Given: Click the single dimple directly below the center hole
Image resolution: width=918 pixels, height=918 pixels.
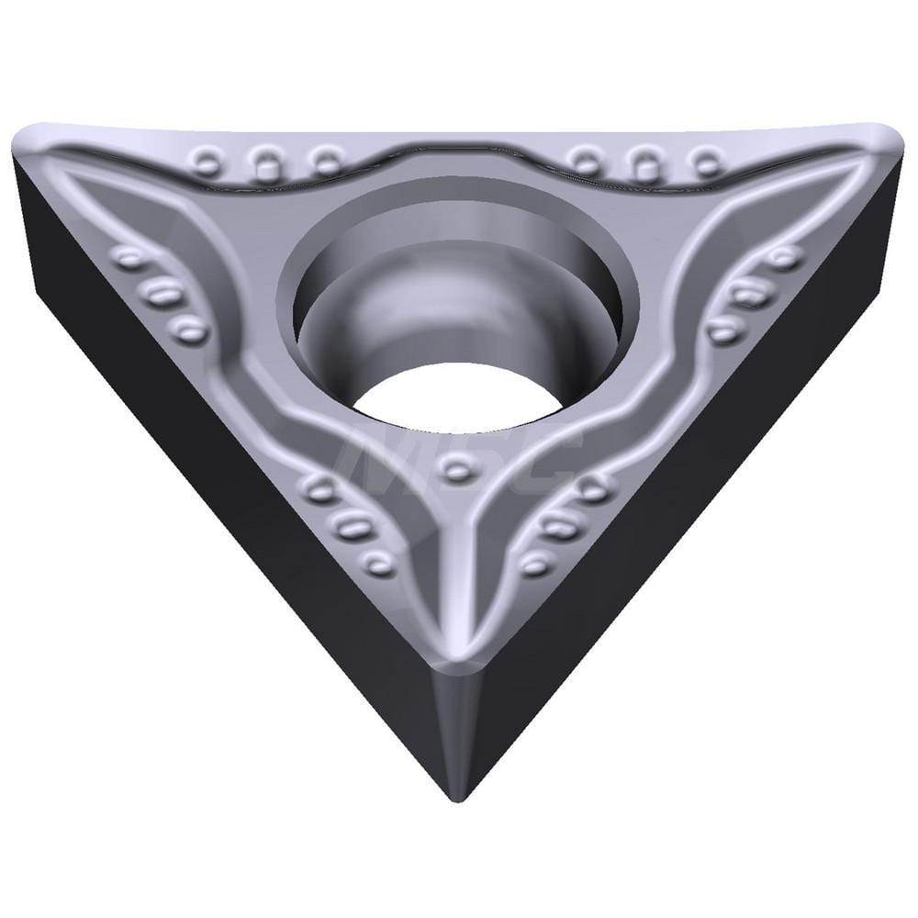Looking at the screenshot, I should (456, 470).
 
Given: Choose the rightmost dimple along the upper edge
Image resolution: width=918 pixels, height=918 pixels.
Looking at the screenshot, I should (707, 163).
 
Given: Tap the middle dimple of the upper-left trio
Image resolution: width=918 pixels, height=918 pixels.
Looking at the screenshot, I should (266, 164).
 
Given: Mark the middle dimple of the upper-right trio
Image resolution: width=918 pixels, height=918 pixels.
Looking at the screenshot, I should (646, 164).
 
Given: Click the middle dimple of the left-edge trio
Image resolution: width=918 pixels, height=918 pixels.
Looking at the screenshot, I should (163, 294).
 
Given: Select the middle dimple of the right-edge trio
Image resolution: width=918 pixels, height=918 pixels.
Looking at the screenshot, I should (751, 294).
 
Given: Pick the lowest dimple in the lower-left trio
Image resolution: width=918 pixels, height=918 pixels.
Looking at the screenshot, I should (377, 561).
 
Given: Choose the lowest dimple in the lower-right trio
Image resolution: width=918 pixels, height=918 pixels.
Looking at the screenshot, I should (535, 563).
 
